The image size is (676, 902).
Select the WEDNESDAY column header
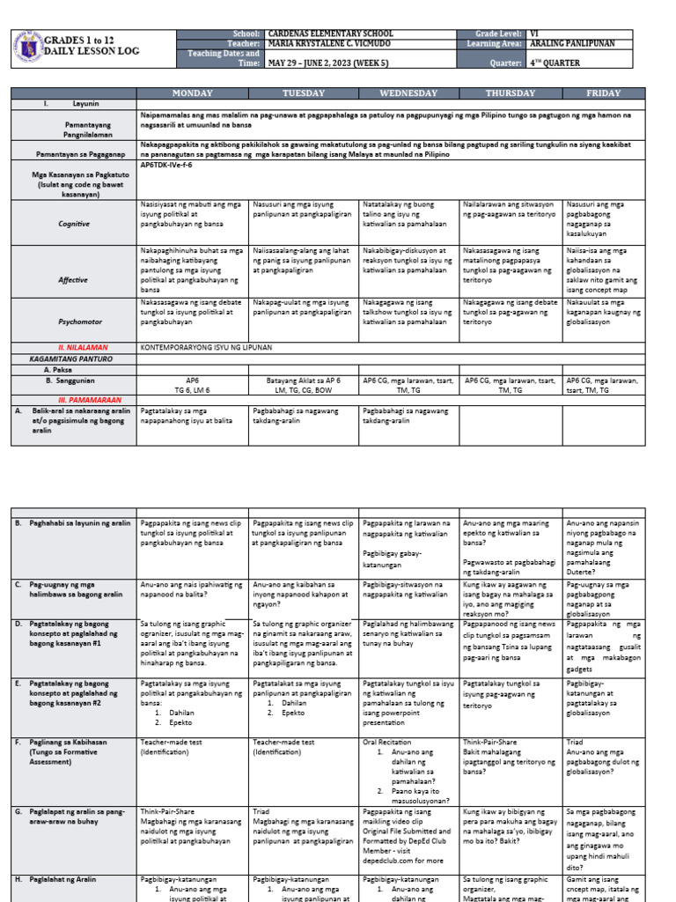pyautogui.click(x=409, y=93)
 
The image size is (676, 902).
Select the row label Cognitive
pyautogui.click(x=74, y=224)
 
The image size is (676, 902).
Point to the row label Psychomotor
pyautogui.click(x=74, y=323)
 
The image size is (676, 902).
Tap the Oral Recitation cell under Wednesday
pyautogui.click(x=387, y=742)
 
